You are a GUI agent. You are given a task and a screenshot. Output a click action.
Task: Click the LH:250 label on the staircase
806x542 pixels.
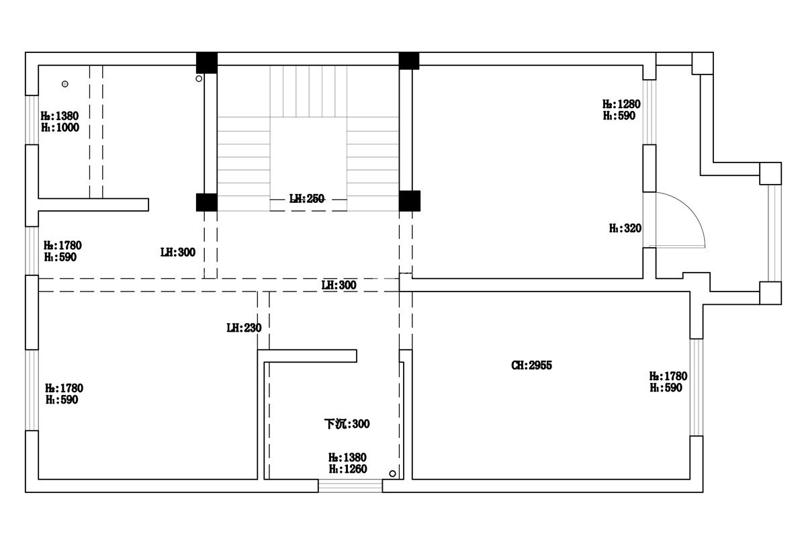point(306,199)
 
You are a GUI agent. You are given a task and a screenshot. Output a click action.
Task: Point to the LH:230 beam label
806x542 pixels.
point(244,328)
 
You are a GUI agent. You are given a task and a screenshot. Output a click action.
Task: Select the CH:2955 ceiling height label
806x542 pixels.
point(531,365)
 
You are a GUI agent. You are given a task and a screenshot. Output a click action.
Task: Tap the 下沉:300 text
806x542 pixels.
point(347,424)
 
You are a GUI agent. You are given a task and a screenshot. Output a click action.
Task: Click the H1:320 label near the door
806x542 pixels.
point(625,228)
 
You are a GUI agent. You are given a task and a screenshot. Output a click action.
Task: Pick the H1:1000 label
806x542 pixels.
point(60,128)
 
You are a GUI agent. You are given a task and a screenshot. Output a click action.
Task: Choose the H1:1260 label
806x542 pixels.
point(348,469)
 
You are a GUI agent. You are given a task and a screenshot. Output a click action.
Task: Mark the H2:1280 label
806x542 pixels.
point(621,104)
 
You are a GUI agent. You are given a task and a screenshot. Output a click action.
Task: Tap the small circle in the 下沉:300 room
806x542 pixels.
point(392,473)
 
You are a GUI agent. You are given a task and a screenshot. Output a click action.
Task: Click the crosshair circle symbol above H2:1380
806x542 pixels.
point(64,84)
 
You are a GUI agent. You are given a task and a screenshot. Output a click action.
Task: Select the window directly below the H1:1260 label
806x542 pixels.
point(350,486)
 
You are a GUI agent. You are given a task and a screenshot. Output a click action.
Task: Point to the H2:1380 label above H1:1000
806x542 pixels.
point(60,116)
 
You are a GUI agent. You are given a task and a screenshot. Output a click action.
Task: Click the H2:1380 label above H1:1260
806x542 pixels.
point(347,457)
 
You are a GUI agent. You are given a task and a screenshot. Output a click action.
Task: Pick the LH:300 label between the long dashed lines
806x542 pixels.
point(339,285)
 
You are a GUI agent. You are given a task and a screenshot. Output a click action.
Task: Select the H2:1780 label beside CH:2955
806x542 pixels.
point(668,376)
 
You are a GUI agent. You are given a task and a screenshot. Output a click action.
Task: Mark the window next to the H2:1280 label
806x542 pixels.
point(650,112)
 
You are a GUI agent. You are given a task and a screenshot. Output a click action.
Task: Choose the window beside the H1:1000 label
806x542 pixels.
point(32,120)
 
